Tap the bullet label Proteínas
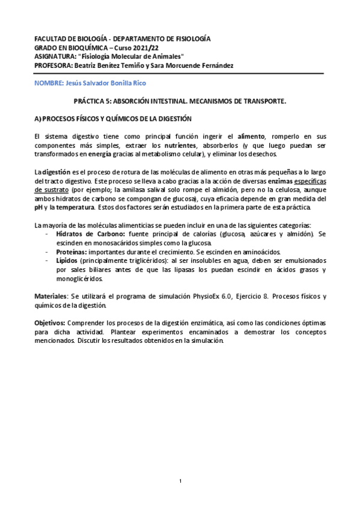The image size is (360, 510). pos(71,252)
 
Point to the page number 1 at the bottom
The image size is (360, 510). pos(180,481)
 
